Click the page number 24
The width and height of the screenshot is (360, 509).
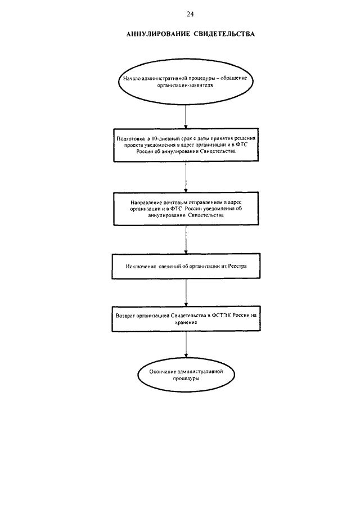190,14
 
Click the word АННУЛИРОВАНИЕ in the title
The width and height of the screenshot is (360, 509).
158,34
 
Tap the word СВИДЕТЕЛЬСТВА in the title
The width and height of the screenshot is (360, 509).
224,34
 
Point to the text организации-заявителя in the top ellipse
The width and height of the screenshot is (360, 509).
185,85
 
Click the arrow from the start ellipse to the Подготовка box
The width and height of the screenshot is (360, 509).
186,116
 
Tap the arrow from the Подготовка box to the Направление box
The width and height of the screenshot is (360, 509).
186,177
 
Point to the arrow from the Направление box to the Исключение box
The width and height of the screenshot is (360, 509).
186,239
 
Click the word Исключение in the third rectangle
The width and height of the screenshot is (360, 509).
141,266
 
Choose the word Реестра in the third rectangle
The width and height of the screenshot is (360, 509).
237,266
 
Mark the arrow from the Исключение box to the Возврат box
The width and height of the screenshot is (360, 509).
186,292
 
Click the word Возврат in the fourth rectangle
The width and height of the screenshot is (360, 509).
125,316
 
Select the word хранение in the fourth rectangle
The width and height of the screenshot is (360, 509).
186,323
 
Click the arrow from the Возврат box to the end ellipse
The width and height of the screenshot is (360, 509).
186,344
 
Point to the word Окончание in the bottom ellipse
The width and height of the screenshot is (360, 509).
162,372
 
